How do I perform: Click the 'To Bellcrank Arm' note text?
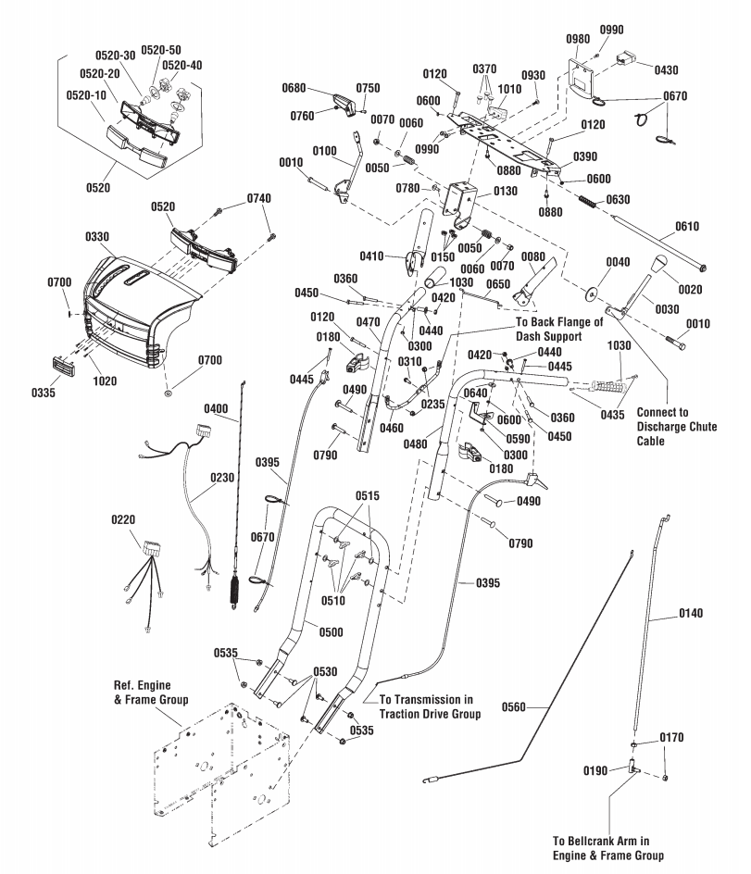(608, 846)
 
